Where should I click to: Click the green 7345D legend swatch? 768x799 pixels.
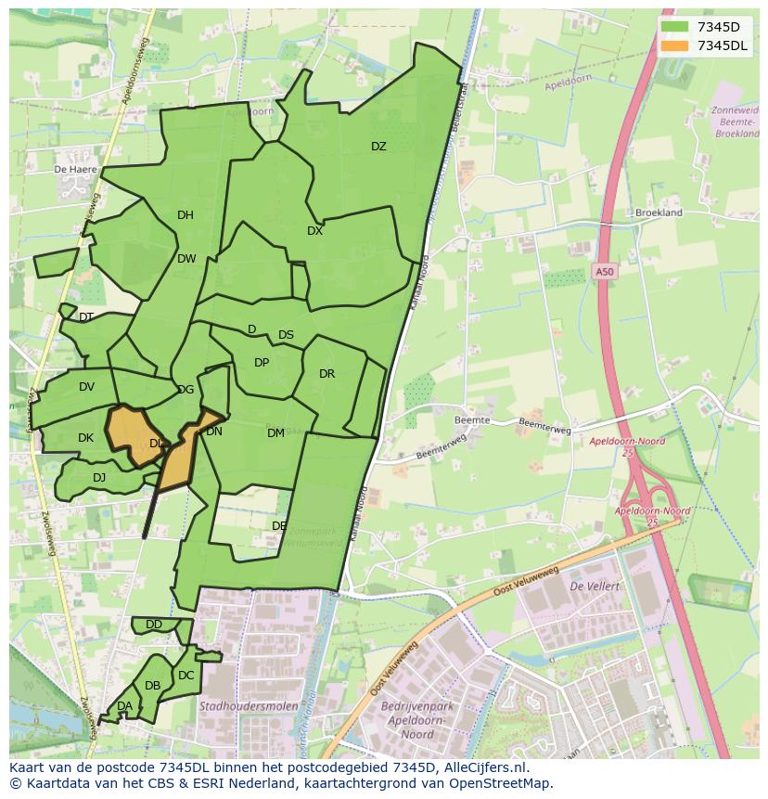pyautogui.click(x=675, y=27)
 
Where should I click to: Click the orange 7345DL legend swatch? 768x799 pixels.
pyautogui.click(x=675, y=45)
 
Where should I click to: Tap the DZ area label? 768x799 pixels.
pyautogui.click(x=378, y=147)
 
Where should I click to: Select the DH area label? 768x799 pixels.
pyautogui.click(x=186, y=215)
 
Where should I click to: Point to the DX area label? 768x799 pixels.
pyautogui.click(x=315, y=231)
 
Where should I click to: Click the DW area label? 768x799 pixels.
pyautogui.click(x=186, y=259)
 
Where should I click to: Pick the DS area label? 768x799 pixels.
pyautogui.click(x=286, y=335)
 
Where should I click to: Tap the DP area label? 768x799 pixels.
pyautogui.click(x=262, y=363)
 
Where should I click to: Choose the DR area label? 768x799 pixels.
pyautogui.click(x=326, y=374)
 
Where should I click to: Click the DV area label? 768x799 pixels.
pyautogui.click(x=86, y=387)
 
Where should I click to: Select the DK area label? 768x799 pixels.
pyautogui.click(x=85, y=438)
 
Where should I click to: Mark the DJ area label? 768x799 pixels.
pyautogui.click(x=99, y=478)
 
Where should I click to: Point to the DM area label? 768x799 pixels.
pyautogui.click(x=275, y=433)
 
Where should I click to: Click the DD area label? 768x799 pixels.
pyautogui.click(x=154, y=625)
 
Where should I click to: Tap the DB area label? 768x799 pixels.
pyautogui.click(x=152, y=686)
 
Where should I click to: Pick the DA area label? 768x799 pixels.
pyautogui.click(x=124, y=706)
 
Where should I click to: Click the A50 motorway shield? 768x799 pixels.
pyautogui.click(x=604, y=272)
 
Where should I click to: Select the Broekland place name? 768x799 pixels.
pyautogui.click(x=659, y=213)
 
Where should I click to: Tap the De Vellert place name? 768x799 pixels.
pyautogui.click(x=595, y=586)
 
